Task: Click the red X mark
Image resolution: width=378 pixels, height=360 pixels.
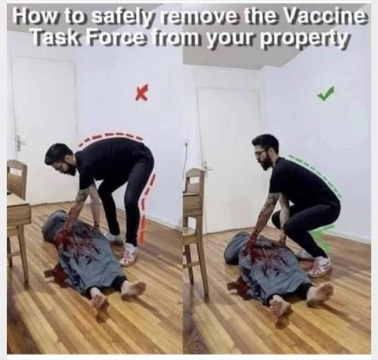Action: [x=142, y=94]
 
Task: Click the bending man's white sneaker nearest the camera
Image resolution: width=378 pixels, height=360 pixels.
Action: [x=129, y=255]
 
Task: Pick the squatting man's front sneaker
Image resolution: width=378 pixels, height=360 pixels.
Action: [x=320, y=267]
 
